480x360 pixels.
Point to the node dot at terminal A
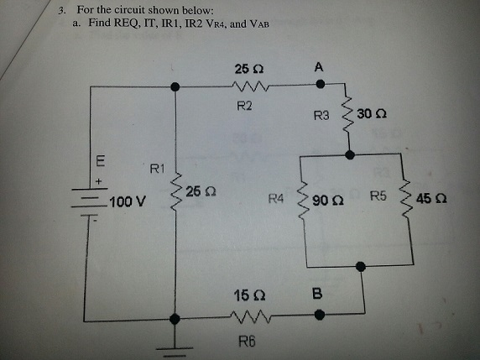point(320,85)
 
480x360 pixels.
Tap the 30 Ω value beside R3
point(375,113)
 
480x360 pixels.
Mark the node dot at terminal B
point(320,317)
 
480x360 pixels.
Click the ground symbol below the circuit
point(175,344)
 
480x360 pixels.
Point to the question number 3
point(62,10)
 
